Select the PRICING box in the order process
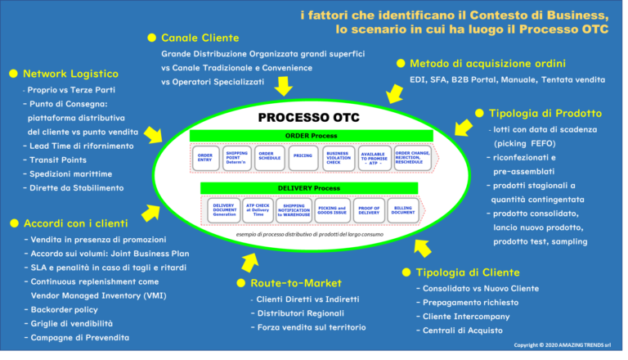point(303,156)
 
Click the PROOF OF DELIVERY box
point(368,211)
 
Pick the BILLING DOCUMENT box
point(404,211)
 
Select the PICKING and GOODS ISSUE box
point(332,211)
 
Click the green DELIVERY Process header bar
point(309,188)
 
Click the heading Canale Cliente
point(200,38)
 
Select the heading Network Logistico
point(70,73)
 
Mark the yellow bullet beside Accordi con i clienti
point(13,223)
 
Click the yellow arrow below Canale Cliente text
point(283,86)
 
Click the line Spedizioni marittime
point(68,173)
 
